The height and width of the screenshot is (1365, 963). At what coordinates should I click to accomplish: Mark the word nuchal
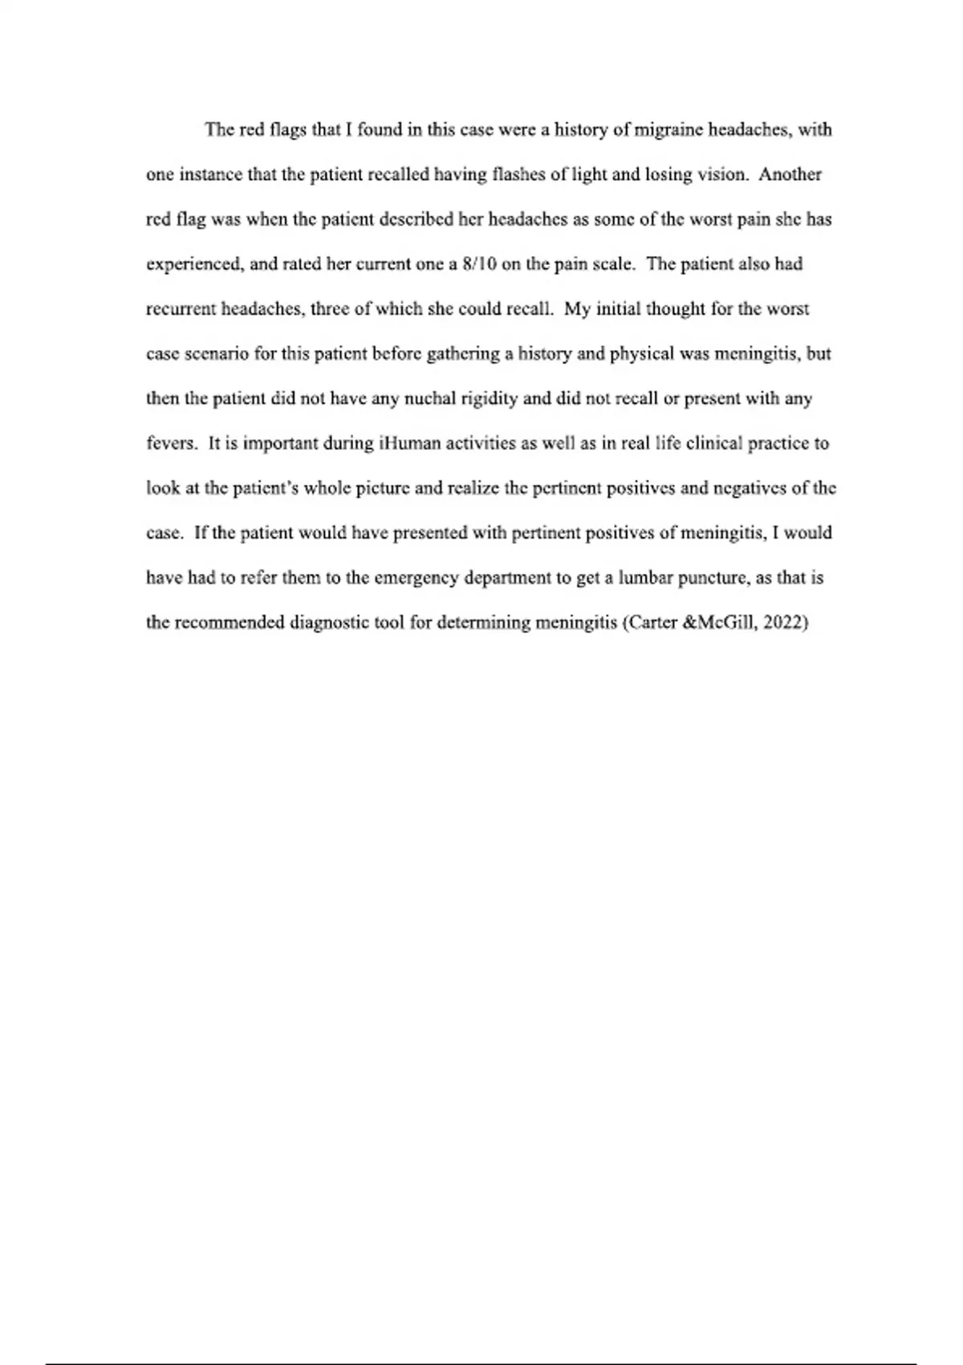click(429, 399)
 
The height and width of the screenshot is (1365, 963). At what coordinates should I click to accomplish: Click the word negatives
click(739, 488)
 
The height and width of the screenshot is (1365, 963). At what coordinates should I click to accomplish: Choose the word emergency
click(404, 578)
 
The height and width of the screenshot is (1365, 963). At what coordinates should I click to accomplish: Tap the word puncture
click(705, 578)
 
